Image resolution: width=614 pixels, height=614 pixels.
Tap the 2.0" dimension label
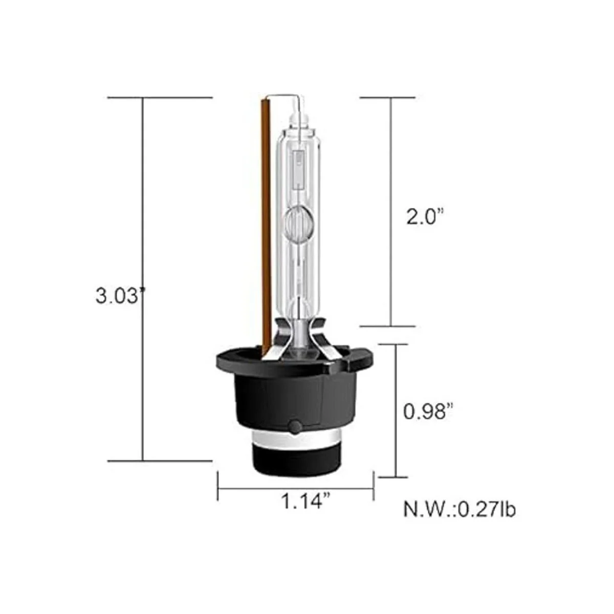click(x=425, y=217)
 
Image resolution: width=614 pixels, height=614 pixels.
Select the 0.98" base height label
click(x=428, y=411)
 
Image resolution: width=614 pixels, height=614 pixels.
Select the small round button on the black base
click(x=295, y=426)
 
